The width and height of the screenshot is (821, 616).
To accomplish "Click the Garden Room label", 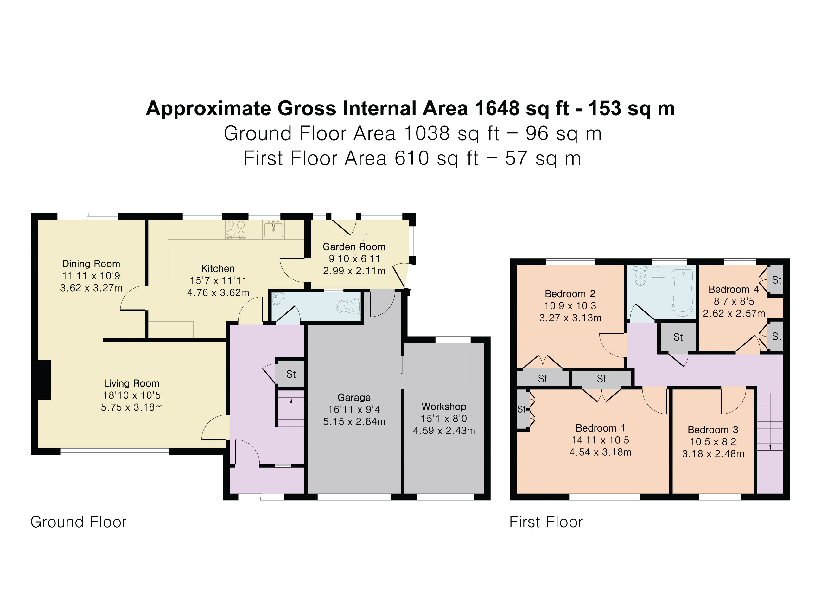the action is [x=354, y=247].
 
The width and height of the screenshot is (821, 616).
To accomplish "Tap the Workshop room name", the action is [x=444, y=407].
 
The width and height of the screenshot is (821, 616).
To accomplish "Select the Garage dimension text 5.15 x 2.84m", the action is [x=354, y=422].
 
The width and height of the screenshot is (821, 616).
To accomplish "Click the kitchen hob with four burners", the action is [x=236, y=229].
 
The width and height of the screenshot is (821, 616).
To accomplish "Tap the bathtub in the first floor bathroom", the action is [x=683, y=292].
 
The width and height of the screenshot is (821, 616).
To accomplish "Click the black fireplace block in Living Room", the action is [x=44, y=380].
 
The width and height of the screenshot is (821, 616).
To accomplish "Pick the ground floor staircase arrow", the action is [x=291, y=412].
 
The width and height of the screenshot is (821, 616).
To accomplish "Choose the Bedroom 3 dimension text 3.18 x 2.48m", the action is [x=713, y=454].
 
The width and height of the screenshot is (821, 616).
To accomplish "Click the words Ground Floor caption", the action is [x=78, y=522].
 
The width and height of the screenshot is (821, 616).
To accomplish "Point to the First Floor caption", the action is [x=546, y=522].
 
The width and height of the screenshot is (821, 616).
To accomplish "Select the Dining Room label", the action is [x=91, y=264].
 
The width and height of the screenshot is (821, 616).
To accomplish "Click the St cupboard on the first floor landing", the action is [x=678, y=337].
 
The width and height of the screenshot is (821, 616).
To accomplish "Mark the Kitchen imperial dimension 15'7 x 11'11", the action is [x=218, y=281].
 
